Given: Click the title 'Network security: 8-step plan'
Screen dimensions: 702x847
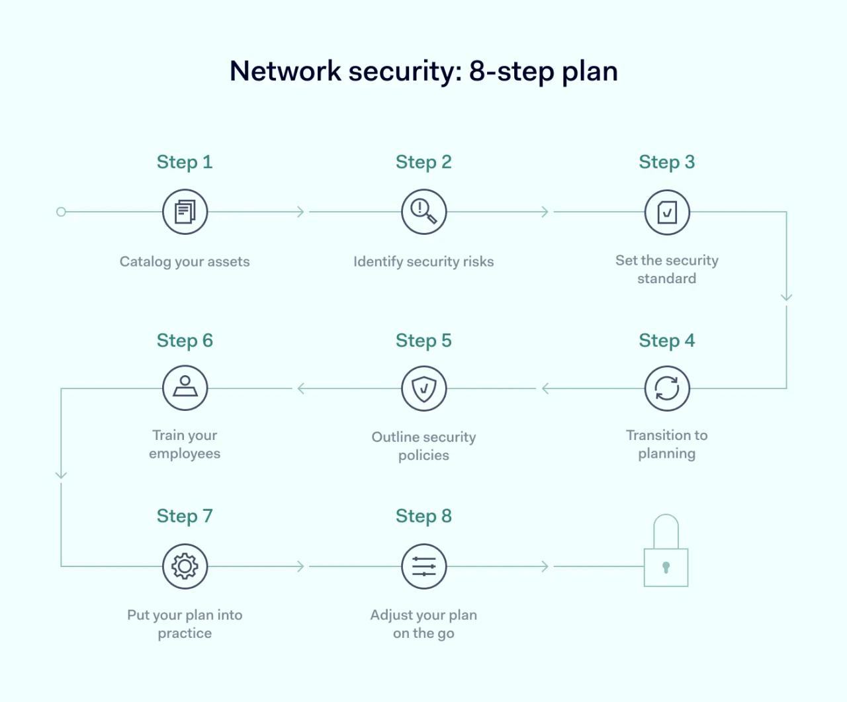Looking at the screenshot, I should click(423, 71).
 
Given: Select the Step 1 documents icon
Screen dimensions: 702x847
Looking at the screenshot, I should click(185, 212).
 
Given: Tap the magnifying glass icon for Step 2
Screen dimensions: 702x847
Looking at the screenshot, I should click(423, 212).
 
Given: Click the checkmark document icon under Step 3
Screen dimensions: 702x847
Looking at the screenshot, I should click(667, 212).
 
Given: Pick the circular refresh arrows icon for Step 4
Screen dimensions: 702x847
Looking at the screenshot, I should click(667, 388).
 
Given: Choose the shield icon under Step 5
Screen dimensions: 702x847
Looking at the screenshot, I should click(423, 388).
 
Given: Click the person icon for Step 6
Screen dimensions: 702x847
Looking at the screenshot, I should click(185, 388).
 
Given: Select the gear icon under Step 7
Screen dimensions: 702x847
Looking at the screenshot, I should click(185, 566).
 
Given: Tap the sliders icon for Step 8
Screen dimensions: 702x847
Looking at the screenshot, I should click(423, 566).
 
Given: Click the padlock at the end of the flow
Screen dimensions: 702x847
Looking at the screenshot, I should click(666, 556).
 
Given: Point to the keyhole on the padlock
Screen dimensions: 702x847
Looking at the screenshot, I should click(666, 567).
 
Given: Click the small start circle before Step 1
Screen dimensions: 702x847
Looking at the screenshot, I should click(61, 212).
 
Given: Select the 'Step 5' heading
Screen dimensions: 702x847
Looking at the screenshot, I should click(423, 341).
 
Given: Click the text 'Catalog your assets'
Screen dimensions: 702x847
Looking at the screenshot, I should click(185, 261).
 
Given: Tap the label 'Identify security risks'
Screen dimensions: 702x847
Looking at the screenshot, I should click(423, 261).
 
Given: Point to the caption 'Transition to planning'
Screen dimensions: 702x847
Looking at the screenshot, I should click(667, 444).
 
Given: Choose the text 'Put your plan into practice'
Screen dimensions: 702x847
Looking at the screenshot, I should click(185, 624).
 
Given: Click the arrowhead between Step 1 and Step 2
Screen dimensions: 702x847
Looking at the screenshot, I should click(300, 212).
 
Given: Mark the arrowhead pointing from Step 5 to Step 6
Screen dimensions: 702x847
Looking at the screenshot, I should click(301, 388).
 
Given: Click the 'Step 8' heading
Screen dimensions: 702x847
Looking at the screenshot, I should click(423, 516).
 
